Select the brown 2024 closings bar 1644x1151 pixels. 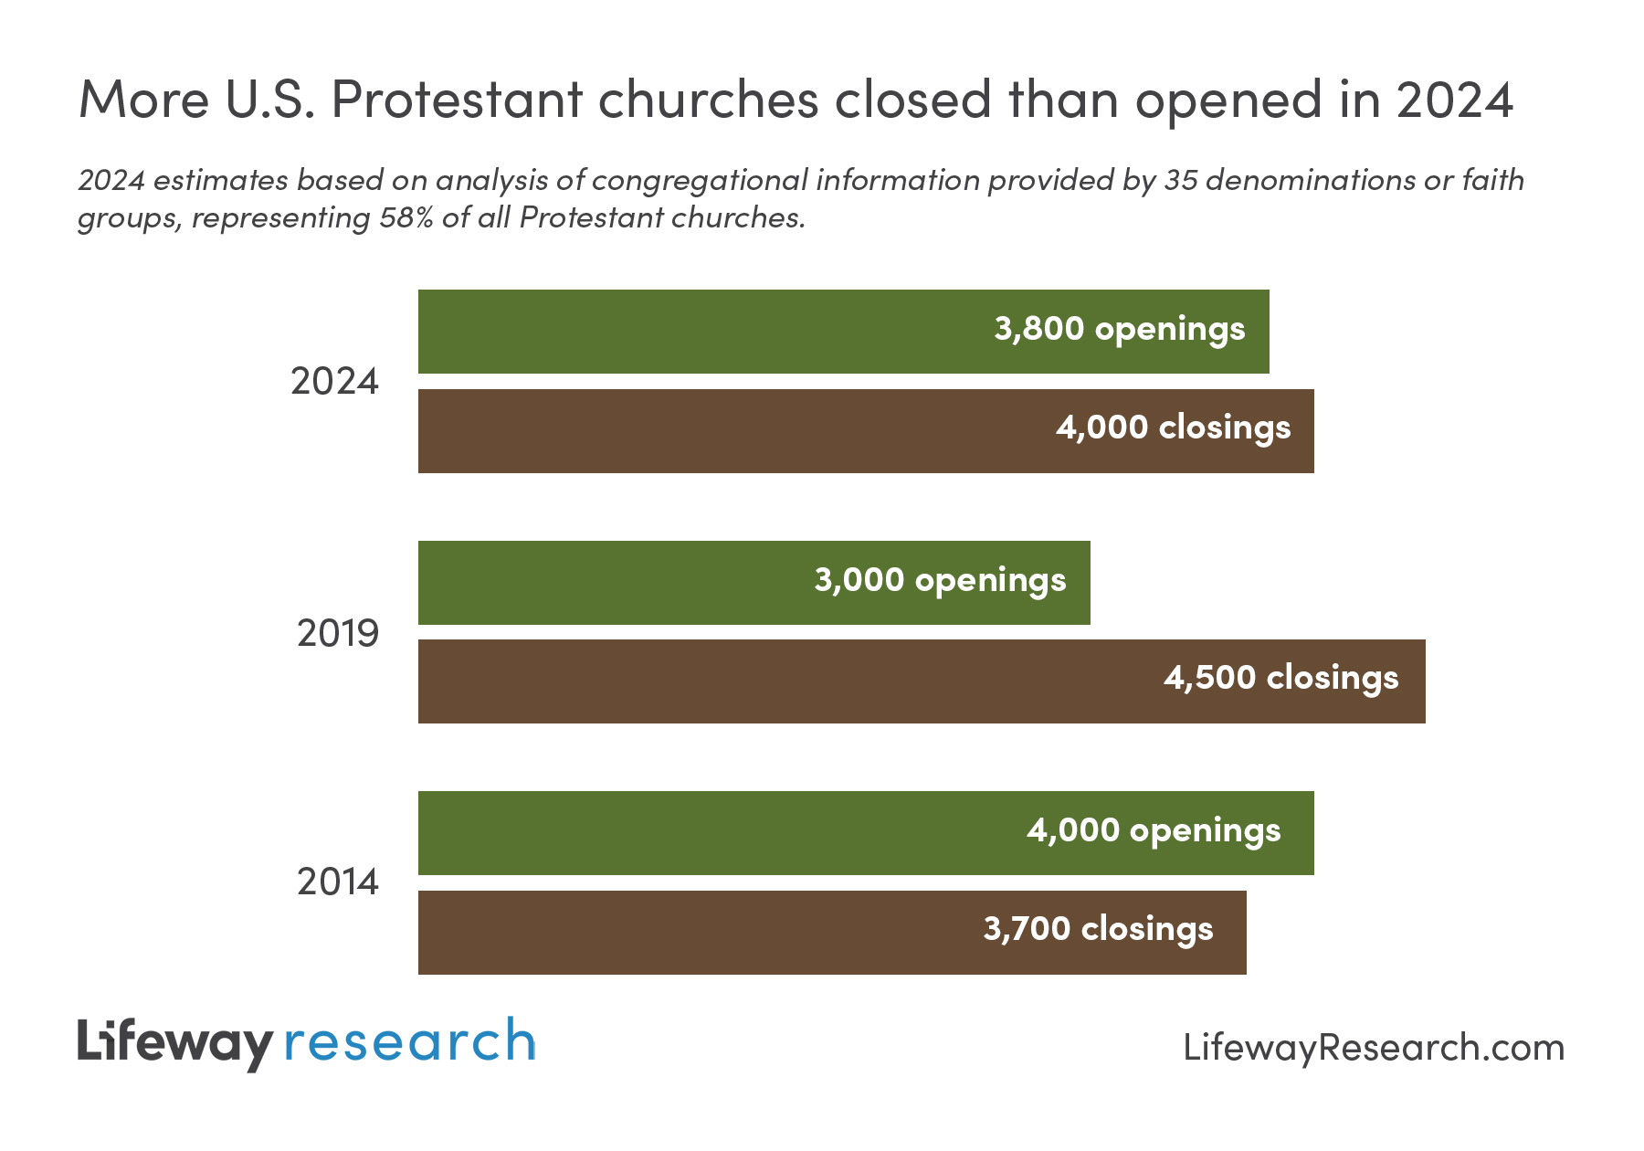pos(731,431)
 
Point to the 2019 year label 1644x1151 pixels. pos(337,633)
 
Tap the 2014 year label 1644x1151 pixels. pos(337,882)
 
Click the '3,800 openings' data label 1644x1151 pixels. pos(1119,329)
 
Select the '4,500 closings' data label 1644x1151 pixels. pos(1280,678)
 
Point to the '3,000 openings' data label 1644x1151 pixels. pos(940,580)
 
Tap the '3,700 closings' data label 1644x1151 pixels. pos(1098,929)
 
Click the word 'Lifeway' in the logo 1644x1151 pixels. pos(174,1043)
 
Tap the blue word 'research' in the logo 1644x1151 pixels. pos(409,1043)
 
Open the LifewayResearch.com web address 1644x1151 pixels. pos(1373,1048)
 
